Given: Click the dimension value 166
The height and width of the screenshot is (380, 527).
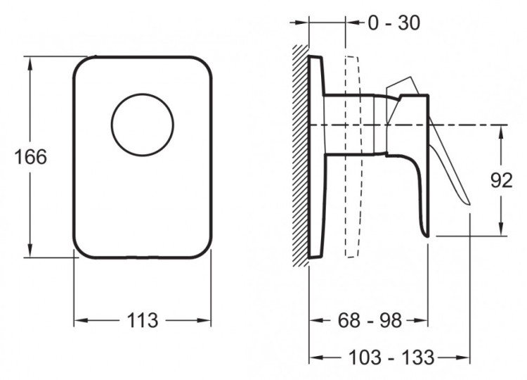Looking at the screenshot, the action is click(x=31, y=157).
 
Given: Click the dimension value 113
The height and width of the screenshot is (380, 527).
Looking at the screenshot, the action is click(x=143, y=320).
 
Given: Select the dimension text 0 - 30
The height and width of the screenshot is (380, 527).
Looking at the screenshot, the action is click(x=393, y=23).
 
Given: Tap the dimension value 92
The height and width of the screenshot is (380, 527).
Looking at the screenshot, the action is click(x=502, y=180).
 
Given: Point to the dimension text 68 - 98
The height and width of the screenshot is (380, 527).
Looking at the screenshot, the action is click(x=370, y=320).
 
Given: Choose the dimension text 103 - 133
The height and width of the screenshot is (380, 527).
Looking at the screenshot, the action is click(x=391, y=357).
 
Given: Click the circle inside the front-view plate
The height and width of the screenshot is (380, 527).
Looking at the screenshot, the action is click(x=143, y=125).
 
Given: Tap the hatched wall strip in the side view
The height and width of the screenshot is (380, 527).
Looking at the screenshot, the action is click(x=301, y=156).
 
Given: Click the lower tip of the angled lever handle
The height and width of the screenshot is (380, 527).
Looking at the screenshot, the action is click(x=469, y=203).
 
